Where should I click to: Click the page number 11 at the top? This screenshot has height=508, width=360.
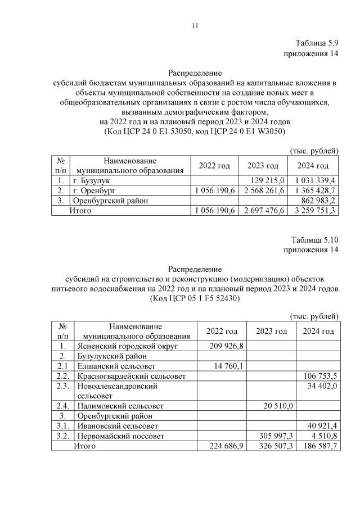[x=195, y=25]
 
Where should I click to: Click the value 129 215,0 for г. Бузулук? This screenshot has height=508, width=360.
[x=265, y=180]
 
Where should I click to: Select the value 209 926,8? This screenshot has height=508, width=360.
[x=224, y=346]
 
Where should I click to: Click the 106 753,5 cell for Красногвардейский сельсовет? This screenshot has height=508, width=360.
[x=319, y=376]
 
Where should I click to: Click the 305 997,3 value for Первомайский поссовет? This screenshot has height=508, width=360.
[x=272, y=436]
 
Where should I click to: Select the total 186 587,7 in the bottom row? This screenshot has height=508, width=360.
[x=319, y=446]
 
